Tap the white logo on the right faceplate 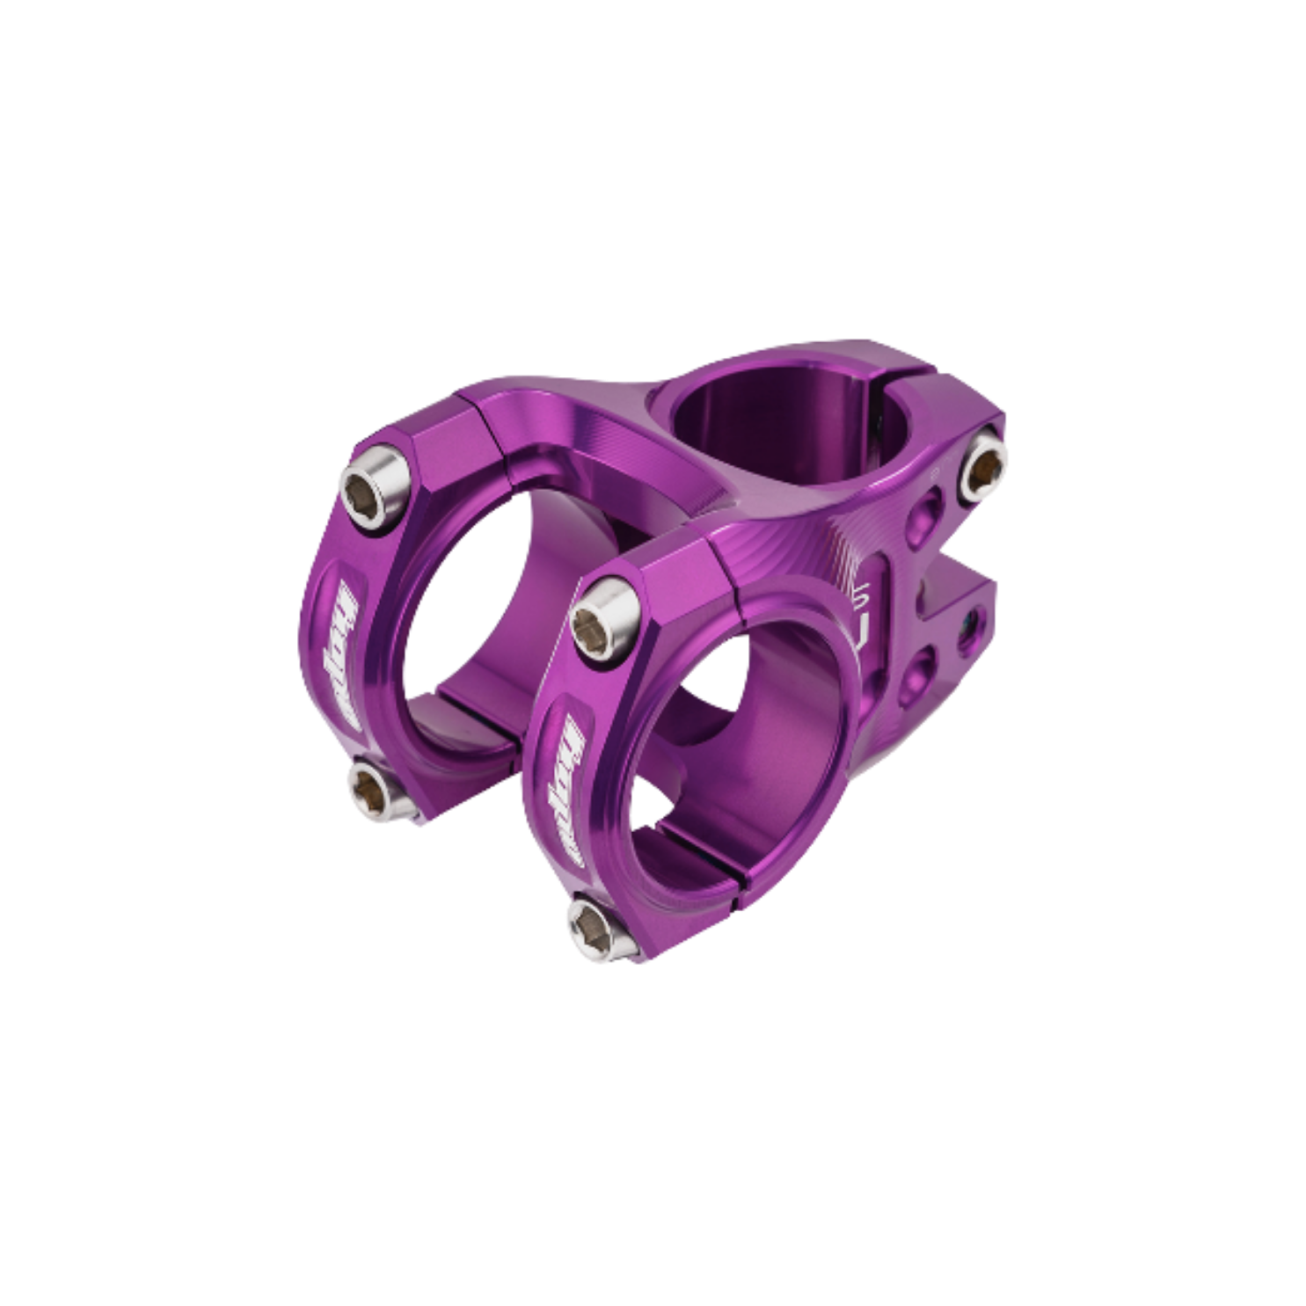(x=565, y=773)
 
